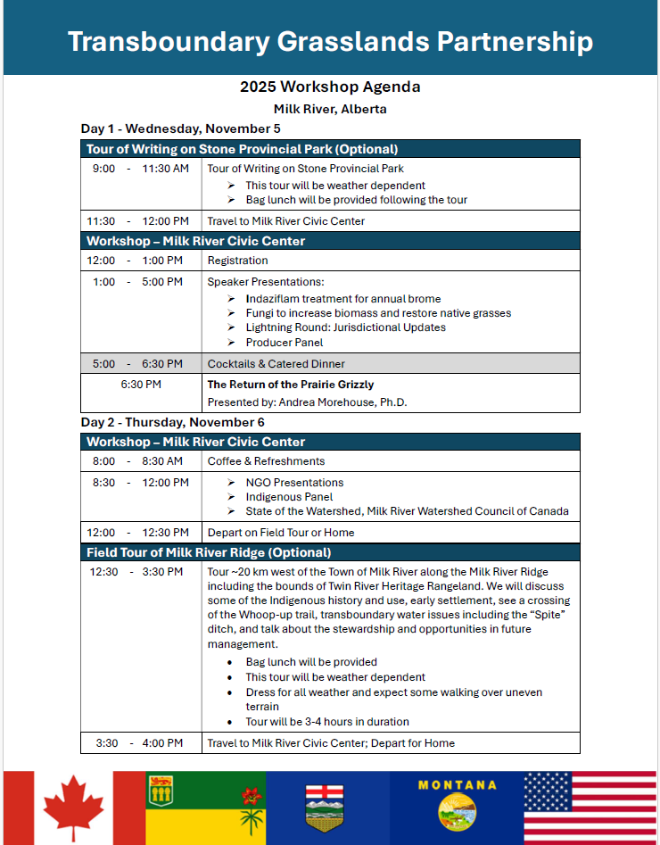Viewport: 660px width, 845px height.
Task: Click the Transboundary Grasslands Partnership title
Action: (330, 41)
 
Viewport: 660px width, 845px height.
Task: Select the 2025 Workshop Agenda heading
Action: (330, 87)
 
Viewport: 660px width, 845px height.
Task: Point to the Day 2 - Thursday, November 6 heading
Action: (172, 422)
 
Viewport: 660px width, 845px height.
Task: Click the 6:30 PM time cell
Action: (141, 385)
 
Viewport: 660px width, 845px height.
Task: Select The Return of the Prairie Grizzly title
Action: (291, 385)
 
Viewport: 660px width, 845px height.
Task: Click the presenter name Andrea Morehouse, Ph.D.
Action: (307, 402)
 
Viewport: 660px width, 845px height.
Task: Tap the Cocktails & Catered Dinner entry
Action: (276, 364)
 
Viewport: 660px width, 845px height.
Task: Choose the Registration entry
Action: (237, 261)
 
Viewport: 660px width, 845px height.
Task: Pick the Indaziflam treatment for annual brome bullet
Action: (342, 299)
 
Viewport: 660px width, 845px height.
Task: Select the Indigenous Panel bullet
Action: (289, 497)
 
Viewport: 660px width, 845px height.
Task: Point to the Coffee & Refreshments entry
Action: (266, 461)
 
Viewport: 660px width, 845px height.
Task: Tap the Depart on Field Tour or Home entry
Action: (280, 533)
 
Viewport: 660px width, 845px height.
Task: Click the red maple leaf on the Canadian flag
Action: (75, 808)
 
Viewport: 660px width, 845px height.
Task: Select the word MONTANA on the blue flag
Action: (457, 785)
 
